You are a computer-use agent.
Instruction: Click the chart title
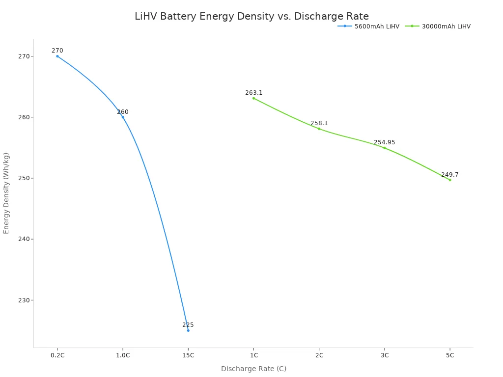251,16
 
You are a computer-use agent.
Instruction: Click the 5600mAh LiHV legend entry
368,27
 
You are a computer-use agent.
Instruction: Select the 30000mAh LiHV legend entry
438,27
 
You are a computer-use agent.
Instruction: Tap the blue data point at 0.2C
57,56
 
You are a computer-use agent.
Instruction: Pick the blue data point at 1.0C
123,117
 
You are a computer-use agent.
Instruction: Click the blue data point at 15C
188,330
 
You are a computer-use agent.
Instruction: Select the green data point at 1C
253,98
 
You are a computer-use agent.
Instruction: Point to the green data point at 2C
319,129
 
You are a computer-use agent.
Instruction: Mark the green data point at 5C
449,180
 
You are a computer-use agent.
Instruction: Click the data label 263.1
254,93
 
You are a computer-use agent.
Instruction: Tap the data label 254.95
384,142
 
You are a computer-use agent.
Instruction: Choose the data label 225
188,325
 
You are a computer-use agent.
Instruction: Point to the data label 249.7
449,175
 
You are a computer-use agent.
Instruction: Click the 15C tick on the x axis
188,355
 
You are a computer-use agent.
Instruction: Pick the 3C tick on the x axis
384,355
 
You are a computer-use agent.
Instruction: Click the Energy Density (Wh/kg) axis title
6,193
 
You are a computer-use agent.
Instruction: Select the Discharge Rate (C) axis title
253,369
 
